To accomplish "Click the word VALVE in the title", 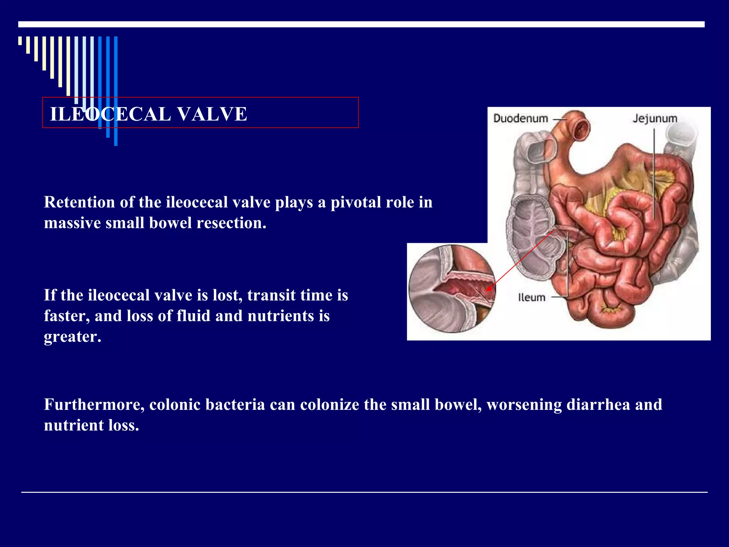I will (x=212, y=114).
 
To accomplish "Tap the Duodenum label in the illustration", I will (x=520, y=118).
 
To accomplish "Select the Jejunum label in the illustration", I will (x=655, y=118).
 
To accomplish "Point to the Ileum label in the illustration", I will (x=531, y=297).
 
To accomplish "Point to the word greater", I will (x=73, y=337).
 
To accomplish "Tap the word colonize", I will (x=330, y=405).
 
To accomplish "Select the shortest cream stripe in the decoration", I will (x=20, y=41).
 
